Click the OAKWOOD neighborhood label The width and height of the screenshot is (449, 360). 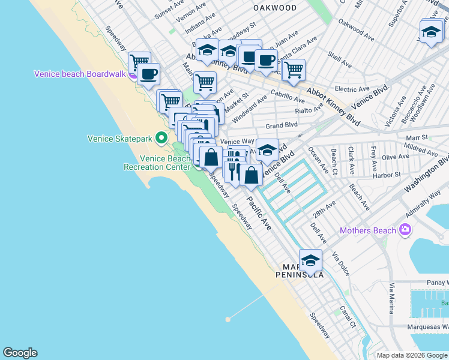[275, 8]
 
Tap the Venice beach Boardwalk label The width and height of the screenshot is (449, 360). [79, 74]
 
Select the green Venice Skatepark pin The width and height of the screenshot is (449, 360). [161, 138]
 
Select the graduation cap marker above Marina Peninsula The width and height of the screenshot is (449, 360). [310, 261]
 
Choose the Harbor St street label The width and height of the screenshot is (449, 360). [387, 175]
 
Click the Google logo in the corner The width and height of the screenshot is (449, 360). [20, 353]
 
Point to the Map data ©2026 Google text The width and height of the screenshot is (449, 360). [412, 355]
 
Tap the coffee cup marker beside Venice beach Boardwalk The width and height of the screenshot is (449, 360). [149, 75]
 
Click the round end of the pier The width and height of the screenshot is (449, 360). [228, 319]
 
